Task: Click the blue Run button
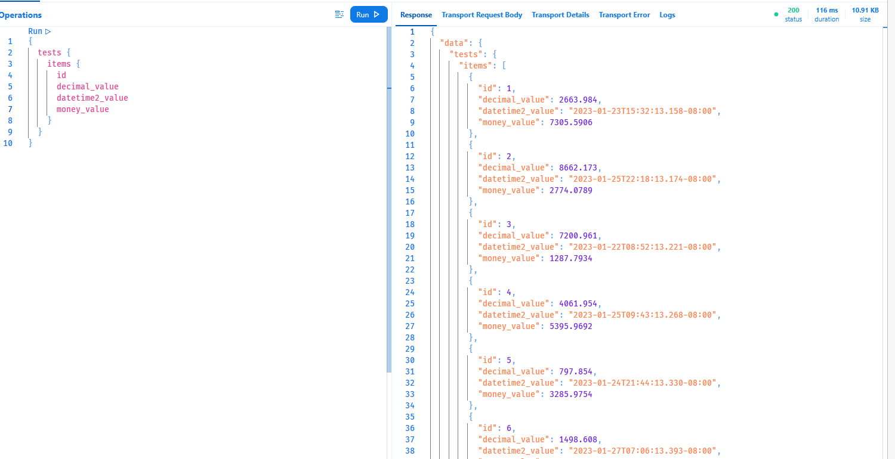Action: pyautogui.click(x=368, y=15)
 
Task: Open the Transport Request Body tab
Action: pyautogui.click(x=482, y=15)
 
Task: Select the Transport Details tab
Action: pyautogui.click(x=560, y=15)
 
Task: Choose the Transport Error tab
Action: pyautogui.click(x=624, y=15)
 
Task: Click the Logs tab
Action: pyautogui.click(x=667, y=15)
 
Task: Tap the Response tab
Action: pyautogui.click(x=416, y=15)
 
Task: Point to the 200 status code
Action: pyautogui.click(x=794, y=10)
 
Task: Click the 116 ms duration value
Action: pyautogui.click(x=826, y=10)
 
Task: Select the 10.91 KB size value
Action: pyautogui.click(x=865, y=10)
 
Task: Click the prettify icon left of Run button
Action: pyautogui.click(x=340, y=15)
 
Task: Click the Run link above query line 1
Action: pyautogui.click(x=39, y=31)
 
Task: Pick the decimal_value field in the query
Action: pyautogui.click(x=87, y=86)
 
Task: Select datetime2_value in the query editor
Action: pyautogui.click(x=92, y=98)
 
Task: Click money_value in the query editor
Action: pyautogui.click(x=82, y=109)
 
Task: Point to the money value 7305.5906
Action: pyautogui.click(x=570, y=122)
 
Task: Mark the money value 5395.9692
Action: pyautogui.click(x=570, y=326)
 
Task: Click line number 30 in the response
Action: pyautogui.click(x=409, y=360)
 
